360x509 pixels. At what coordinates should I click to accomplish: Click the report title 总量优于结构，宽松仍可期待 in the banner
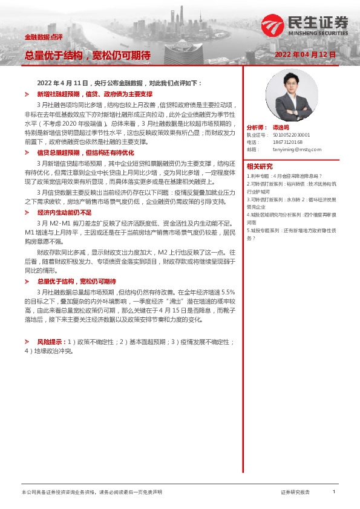tap(88, 55)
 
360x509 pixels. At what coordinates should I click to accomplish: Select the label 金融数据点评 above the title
tap(39, 37)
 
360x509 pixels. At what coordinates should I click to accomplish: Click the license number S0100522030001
tap(291, 135)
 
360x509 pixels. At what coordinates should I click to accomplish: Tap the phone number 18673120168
tap(287, 142)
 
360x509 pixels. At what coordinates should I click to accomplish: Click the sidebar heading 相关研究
tap(259, 166)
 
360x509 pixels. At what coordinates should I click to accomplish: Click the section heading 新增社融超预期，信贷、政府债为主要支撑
tap(94, 95)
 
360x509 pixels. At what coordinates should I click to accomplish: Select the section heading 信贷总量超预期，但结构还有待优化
tap(85, 152)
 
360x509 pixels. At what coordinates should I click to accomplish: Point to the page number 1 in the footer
tap(334, 492)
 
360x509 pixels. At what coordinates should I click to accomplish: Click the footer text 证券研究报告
tap(295, 493)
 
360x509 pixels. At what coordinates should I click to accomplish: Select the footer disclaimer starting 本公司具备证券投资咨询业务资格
tap(91, 493)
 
